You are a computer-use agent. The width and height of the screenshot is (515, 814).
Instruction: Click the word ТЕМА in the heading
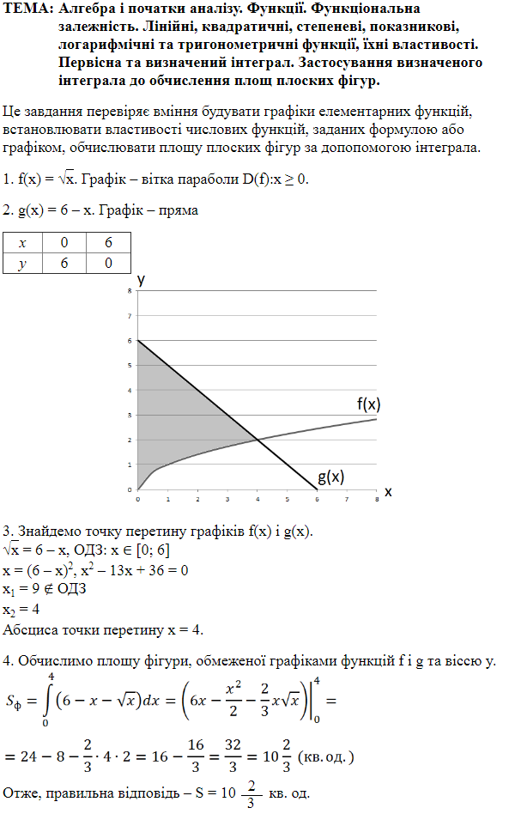coord(25,9)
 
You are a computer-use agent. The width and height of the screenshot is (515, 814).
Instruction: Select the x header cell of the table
coord(23,243)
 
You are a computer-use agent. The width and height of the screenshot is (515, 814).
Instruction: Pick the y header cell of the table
coord(23,264)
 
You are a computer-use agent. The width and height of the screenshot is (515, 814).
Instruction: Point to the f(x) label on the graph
coord(369,404)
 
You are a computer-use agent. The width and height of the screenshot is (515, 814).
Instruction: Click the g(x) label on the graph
coord(331,477)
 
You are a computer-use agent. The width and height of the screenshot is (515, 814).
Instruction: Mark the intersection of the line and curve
coord(257,440)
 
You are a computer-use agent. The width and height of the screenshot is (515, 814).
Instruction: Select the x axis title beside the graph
coord(387,492)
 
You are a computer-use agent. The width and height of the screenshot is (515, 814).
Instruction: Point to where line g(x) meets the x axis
coord(317,489)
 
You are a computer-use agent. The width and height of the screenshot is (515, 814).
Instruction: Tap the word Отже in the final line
coord(21,792)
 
